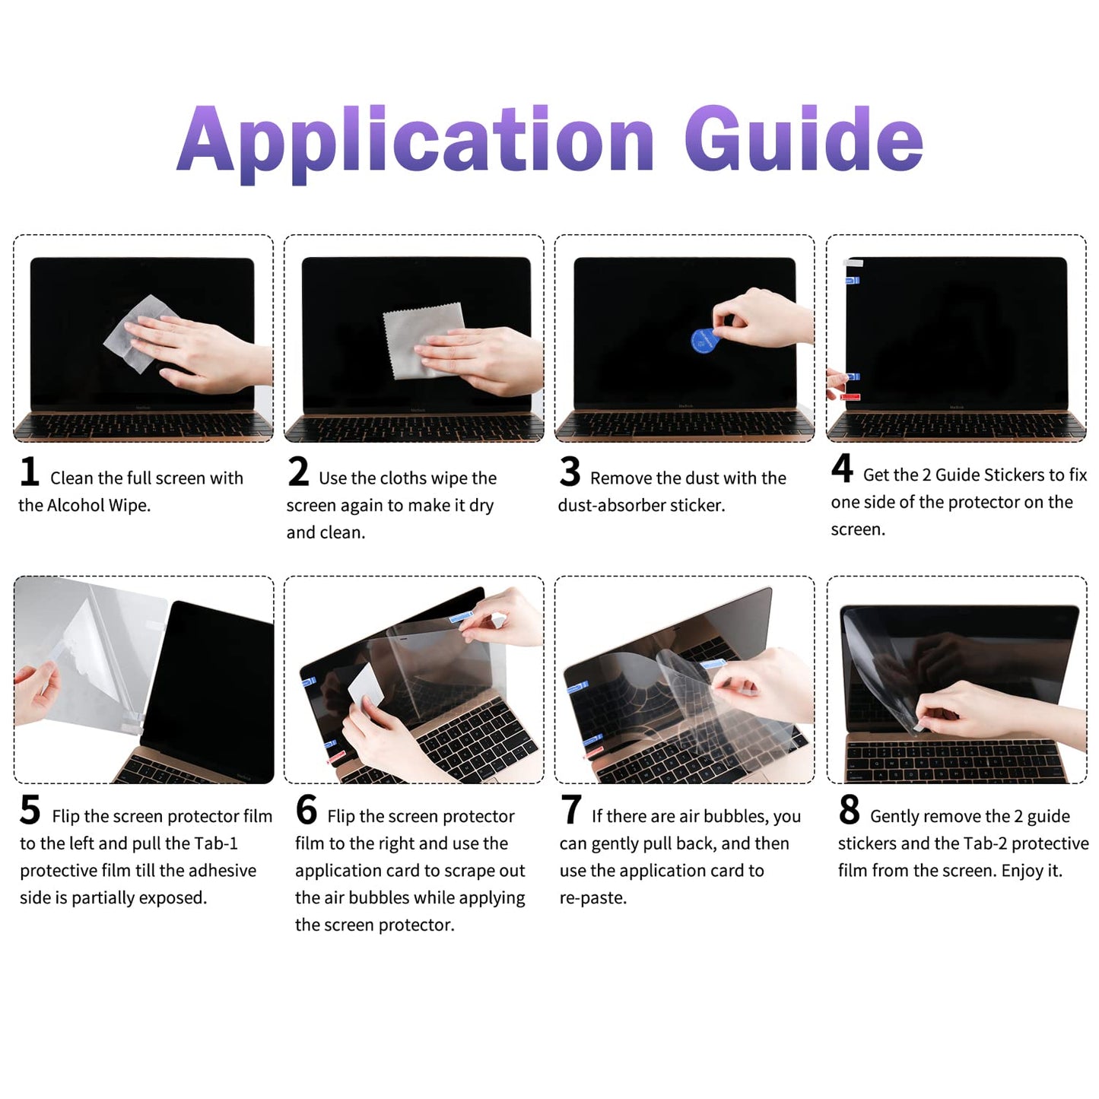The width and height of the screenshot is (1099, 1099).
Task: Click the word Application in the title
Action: click(x=415, y=141)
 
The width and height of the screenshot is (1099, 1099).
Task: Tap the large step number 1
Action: click(x=30, y=472)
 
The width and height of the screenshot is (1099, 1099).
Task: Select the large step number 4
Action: click(x=842, y=469)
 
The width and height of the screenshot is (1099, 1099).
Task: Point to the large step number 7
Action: click(x=570, y=810)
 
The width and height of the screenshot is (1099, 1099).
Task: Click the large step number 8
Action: click(x=849, y=810)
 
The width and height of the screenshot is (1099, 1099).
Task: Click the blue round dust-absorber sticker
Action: click(x=703, y=341)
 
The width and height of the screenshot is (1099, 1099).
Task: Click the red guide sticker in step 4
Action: click(x=851, y=396)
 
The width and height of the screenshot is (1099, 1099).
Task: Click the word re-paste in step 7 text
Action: click(x=593, y=898)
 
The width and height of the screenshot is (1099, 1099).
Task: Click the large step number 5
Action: click(x=30, y=810)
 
